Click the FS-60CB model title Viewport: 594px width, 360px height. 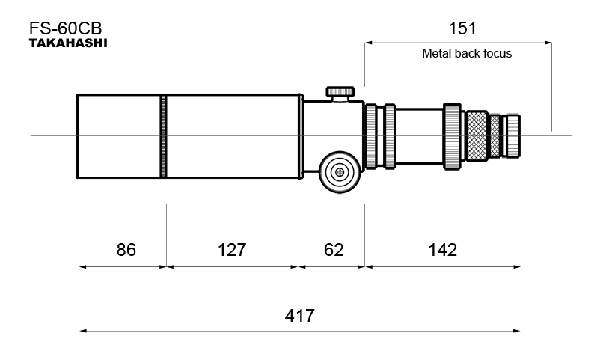click(65, 28)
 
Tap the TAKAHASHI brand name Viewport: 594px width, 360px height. click(68, 44)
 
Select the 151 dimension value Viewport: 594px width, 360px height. click(462, 28)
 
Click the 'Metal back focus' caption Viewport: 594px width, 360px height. click(467, 54)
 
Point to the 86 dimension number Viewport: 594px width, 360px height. click(126, 250)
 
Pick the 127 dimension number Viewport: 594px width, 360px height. click(231, 250)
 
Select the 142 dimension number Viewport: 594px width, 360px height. click(443, 250)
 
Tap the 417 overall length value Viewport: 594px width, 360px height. click(299, 315)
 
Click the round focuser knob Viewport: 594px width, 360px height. click(340, 172)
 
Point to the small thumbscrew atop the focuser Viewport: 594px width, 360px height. click(341, 92)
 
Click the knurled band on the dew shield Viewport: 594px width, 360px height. click(163, 135)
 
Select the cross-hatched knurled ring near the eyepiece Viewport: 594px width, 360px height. click(476, 135)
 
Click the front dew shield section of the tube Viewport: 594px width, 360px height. click(118, 135)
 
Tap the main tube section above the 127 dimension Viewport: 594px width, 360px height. click(232, 135)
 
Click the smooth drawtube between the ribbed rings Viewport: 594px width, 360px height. click(419, 135)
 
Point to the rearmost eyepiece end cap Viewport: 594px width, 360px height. click(512, 135)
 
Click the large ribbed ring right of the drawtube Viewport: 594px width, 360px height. click(453, 135)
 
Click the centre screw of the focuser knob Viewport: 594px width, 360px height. click(340, 172)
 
